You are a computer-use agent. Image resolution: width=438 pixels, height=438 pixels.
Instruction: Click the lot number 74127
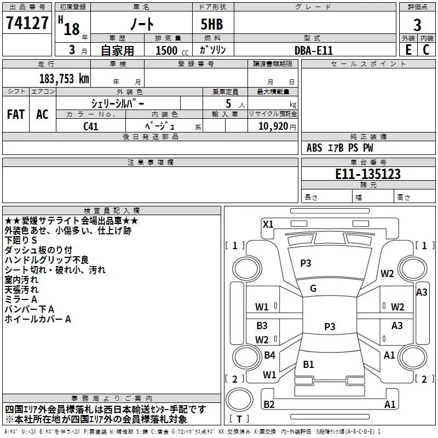27,23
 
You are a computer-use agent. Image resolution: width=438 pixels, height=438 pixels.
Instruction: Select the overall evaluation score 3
417,25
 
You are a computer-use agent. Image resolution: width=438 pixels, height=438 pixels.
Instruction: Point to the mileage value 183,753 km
64,79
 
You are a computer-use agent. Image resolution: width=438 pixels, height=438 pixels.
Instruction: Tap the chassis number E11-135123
368,174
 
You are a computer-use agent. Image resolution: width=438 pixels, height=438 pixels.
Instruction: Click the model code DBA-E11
314,50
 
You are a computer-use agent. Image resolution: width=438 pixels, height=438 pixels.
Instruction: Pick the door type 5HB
212,24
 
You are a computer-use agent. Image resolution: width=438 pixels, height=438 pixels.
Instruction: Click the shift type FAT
16,114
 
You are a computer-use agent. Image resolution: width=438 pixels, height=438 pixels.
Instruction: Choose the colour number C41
90,126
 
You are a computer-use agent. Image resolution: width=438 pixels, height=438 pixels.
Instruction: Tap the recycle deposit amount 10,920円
277,126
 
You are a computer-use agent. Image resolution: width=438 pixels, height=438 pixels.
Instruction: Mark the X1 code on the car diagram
268,224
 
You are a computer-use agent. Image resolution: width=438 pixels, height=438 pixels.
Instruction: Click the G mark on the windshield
313,289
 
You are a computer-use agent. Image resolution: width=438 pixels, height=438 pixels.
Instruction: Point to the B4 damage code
269,355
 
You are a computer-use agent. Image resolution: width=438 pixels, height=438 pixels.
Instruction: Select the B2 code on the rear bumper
269,404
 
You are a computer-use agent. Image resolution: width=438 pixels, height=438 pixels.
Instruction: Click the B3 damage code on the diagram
262,325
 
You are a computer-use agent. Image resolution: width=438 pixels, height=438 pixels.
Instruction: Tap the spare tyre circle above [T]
239,400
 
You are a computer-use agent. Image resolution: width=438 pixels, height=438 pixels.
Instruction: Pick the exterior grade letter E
408,50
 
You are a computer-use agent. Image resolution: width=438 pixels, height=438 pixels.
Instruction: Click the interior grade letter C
427,50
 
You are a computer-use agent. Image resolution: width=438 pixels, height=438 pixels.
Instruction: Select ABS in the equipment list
314,148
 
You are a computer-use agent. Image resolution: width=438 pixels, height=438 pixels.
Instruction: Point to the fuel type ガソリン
212,50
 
